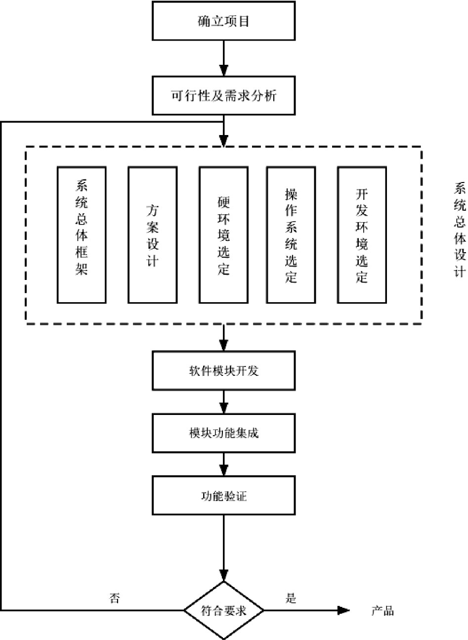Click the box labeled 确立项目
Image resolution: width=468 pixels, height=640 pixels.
click(x=224, y=21)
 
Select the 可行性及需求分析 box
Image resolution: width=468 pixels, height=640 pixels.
click(x=224, y=95)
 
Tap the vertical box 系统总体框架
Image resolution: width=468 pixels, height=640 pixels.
click(x=82, y=234)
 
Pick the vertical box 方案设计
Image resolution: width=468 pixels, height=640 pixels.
click(x=152, y=234)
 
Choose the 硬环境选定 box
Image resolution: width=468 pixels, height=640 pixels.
click(x=223, y=234)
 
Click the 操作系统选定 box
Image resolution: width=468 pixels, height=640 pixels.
click(x=291, y=234)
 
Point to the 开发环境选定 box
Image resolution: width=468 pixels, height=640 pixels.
click(x=362, y=234)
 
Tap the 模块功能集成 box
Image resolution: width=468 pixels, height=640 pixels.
click(x=224, y=433)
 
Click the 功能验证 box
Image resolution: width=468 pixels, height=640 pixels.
click(x=224, y=496)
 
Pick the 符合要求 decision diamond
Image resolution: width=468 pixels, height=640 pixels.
click(x=224, y=611)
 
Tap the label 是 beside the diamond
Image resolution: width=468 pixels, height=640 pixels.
click(x=291, y=598)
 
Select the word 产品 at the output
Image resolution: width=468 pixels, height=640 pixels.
click(x=383, y=611)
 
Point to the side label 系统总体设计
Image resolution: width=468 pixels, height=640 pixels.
click(x=460, y=230)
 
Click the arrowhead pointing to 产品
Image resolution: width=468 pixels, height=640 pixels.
click(x=343, y=611)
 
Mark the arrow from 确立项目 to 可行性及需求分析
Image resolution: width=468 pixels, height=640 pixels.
click(x=224, y=58)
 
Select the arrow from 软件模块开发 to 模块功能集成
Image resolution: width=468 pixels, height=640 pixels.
click(x=224, y=402)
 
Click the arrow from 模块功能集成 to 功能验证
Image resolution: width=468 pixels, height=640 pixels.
click(x=224, y=464)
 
